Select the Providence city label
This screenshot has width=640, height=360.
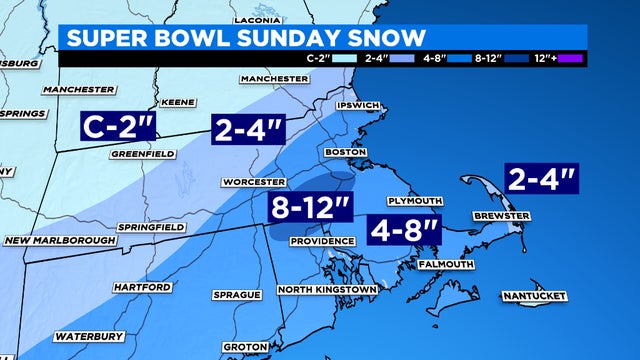click(322, 241)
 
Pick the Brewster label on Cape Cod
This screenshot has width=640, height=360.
click(501, 215)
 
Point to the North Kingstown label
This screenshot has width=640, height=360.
click(328, 289)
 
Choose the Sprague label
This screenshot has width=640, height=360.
click(237, 295)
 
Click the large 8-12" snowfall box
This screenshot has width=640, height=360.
click(312, 210)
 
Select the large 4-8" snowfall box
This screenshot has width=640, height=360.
click(403, 229)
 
